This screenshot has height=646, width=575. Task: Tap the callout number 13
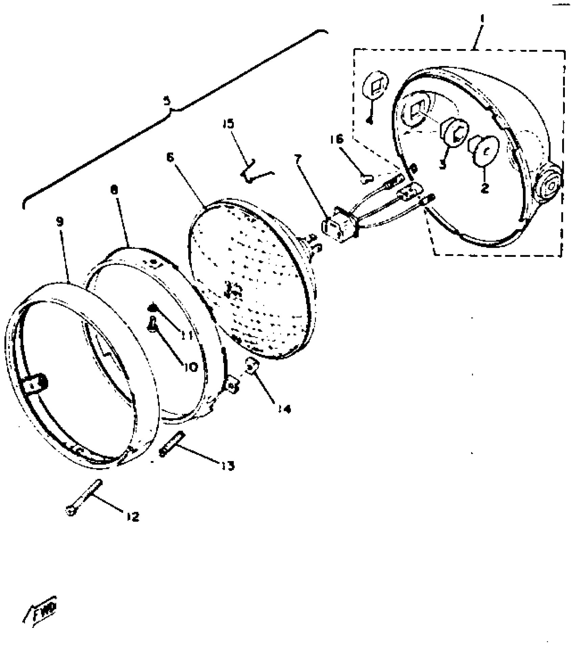tap(229, 466)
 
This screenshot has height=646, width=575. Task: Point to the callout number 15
tap(228, 124)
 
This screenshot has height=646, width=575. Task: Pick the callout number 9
tap(59, 222)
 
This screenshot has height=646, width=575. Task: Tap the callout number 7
tap(298, 159)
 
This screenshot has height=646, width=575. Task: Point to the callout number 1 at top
tap(482, 17)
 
